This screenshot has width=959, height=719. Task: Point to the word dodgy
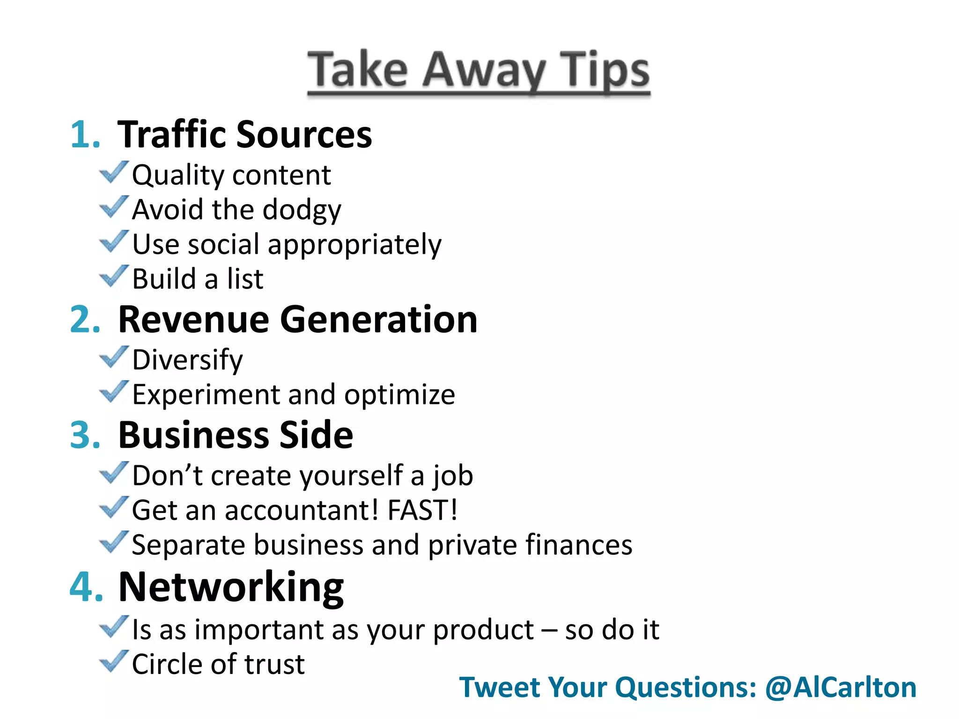302,210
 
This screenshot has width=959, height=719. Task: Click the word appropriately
354,245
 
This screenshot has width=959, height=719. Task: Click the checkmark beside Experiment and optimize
113,392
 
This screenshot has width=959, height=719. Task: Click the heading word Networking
231,587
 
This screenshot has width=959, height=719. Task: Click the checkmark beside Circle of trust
113,661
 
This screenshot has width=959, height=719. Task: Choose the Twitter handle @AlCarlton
841,687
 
